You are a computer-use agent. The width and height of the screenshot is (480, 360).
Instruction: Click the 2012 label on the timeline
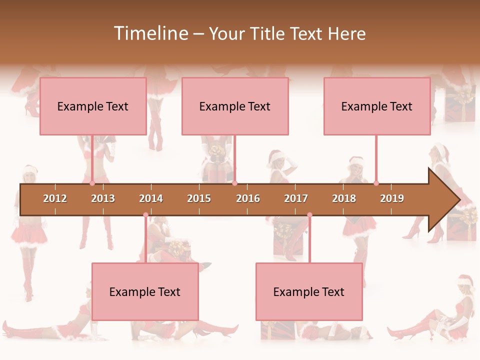(55, 198)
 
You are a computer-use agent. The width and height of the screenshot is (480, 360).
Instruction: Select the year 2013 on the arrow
(103, 198)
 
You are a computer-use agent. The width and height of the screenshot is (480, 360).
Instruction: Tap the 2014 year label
(151, 198)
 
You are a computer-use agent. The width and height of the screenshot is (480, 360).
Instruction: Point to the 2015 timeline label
(199, 198)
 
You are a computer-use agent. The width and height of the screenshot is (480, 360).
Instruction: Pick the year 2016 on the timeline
(248, 198)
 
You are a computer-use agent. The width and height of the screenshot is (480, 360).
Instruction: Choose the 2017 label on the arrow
(296, 198)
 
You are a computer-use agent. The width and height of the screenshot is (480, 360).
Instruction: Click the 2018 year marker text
(344, 198)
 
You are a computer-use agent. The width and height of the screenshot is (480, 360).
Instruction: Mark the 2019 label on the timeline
(392, 198)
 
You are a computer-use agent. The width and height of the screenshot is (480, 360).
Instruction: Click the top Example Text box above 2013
(93, 106)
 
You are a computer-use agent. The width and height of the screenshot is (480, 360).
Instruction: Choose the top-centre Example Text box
(235, 106)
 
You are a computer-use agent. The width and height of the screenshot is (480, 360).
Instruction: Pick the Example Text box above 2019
(377, 106)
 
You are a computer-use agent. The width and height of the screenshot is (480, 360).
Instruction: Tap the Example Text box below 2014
(145, 291)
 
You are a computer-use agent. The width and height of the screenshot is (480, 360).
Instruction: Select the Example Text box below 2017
(309, 291)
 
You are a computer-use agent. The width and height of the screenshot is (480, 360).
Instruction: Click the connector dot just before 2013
(92, 183)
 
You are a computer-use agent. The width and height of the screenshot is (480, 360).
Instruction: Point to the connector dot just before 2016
(234, 183)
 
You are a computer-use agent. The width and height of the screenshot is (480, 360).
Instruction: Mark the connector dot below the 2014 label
(145, 215)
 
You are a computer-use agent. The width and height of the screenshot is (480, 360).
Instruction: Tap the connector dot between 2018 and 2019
(376, 183)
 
